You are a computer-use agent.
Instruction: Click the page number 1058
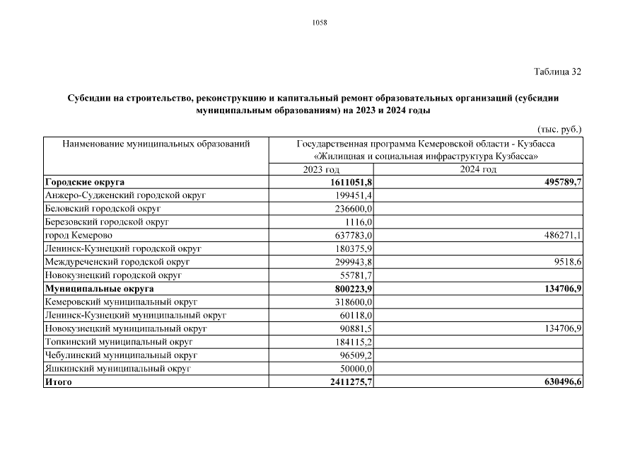(x=320, y=23)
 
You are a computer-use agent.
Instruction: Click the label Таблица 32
(x=557, y=72)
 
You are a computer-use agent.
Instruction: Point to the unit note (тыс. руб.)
(x=559, y=129)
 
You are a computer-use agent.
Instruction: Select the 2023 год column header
(x=321, y=170)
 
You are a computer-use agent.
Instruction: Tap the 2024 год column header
(x=478, y=170)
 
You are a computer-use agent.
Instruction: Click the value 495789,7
(x=558, y=182)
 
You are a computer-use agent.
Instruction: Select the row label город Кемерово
(x=78, y=235)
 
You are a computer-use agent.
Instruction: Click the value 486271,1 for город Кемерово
(x=559, y=235)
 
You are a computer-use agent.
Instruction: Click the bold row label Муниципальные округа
(x=99, y=289)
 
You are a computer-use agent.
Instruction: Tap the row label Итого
(x=58, y=382)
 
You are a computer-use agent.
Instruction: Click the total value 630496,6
(x=558, y=382)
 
